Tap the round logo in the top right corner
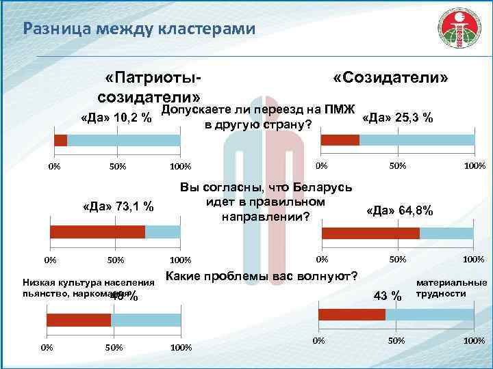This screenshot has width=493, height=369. pyautogui.click(x=459, y=33)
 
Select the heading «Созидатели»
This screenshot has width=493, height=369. pyautogui.click(x=391, y=79)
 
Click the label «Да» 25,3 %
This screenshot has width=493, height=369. pyautogui.click(x=396, y=118)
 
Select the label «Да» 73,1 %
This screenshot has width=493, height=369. pyautogui.click(x=117, y=206)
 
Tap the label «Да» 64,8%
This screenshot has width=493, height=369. pyautogui.click(x=399, y=210)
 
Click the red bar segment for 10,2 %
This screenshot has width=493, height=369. pyautogui.click(x=61, y=140)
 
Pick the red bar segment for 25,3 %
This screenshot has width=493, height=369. pyautogui.click(x=340, y=140)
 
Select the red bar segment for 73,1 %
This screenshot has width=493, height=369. pyautogui.click(x=96, y=232)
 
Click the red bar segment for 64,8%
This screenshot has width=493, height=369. pyautogui.click(x=370, y=233)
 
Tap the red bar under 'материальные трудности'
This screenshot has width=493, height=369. pyautogui.click(x=352, y=314)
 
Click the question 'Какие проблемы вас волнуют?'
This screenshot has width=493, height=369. pyautogui.click(x=262, y=276)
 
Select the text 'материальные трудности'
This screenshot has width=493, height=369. pyautogui.click(x=451, y=288)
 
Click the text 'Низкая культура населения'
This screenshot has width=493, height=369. pyautogui.click(x=89, y=282)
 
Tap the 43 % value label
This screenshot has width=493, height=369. pyautogui.click(x=386, y=295)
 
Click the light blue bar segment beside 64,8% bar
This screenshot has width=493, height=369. pyautogui.click(x=447, y=233)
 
